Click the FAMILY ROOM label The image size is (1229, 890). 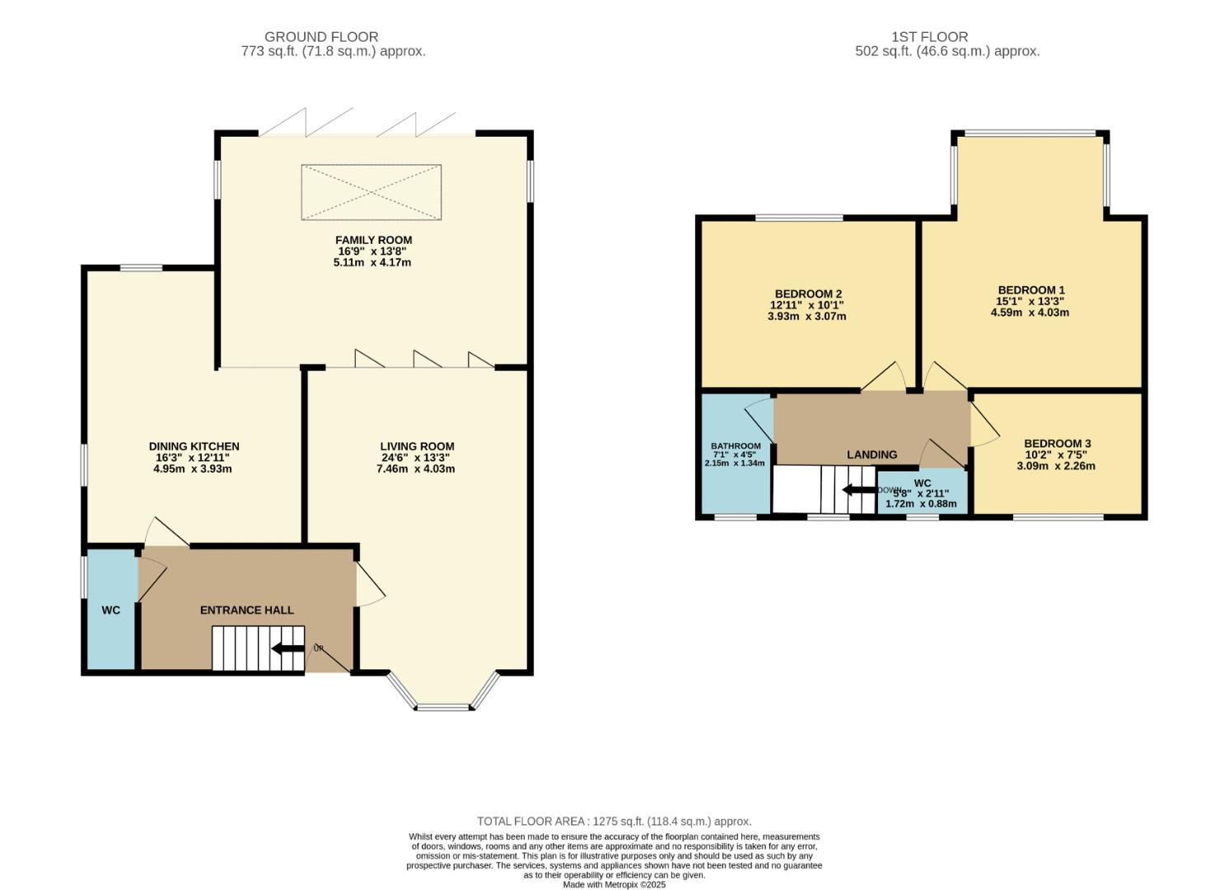tap(374, 240)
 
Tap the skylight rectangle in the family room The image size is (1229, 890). tap(371, 192)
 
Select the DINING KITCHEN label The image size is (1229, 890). tap(194, 447)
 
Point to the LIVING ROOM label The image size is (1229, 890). tap(417, 447)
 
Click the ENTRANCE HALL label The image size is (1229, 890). tap(247, 610)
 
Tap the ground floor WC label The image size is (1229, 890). tap(111, 610)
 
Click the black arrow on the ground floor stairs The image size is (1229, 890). tap(287, 649)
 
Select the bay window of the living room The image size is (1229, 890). tap(443, 696)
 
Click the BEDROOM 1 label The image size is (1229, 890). tap(1031, 290)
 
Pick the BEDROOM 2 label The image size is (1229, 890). tap(808, 294)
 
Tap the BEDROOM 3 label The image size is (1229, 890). tap(1058, 443)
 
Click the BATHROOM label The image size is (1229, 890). tap(736, 446)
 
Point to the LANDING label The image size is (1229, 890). tap(872, 454)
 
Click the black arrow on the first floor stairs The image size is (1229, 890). tap(857, 490)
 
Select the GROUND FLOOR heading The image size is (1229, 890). tap(321, 37)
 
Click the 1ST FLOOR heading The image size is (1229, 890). tap(929, 37)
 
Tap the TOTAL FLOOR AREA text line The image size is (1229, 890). tap(614, 821)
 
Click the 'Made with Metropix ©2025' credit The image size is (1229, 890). tap(614, 884)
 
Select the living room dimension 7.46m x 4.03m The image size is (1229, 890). tap(417, 469)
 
